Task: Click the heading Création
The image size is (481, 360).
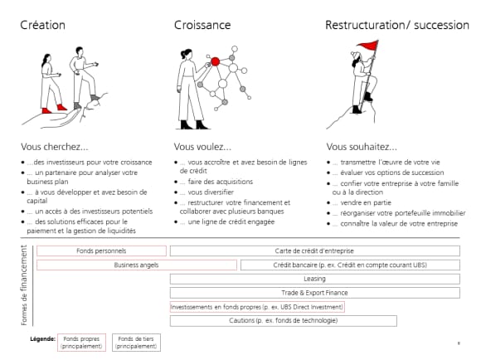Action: pyautogui.click(x=42, y=25)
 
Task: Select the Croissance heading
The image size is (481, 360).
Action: pyautogui.click(x=202, y=25)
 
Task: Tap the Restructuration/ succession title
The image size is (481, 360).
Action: pyautogui.click(x=397, y=25)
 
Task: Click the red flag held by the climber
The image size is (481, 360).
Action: pyautogui.click(x=368, y=46)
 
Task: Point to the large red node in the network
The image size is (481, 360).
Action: pyautogui.click(x=216, y=61)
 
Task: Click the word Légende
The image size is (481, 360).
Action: pyautogui.click(x=42, y=338)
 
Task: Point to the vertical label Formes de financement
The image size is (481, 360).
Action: pyautogui.click(x=24, y=285)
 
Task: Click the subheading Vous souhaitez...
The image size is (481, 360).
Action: pyautogui.click(x=362, y=147)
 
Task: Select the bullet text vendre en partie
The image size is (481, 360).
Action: pyautogui.click(x=366, y=202)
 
